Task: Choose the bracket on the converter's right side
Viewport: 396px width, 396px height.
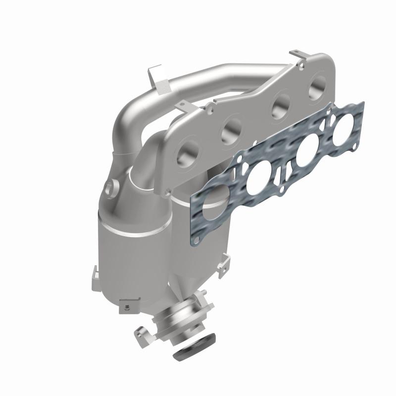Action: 226,258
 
